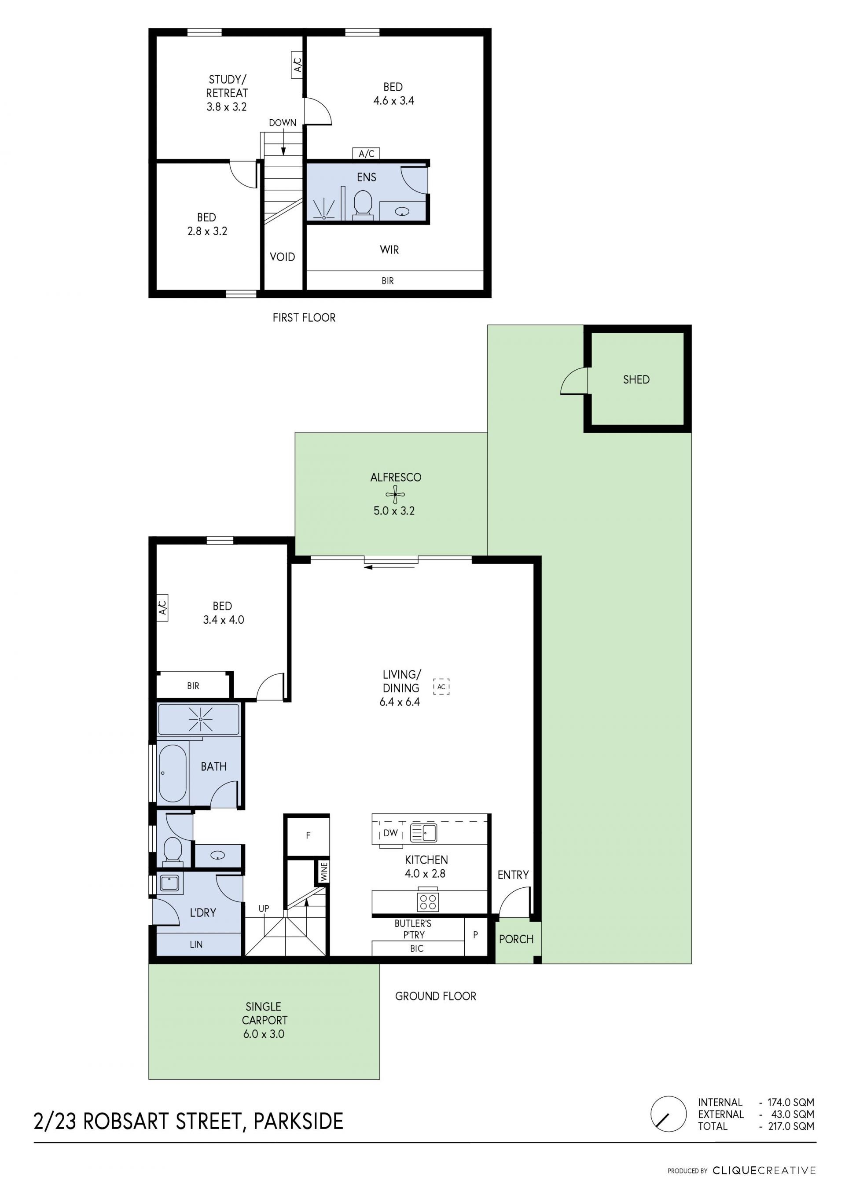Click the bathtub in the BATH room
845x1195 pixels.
click(172, 773)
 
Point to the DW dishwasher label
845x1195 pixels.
click(390, 833)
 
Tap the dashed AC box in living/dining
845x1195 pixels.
click(441, 687)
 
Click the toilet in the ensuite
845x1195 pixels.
click(363, 203)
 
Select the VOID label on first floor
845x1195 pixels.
click(282, 257)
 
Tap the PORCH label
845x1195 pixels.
click(516, 939)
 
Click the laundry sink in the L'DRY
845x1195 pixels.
click(169, 883)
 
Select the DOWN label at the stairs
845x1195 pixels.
click(283, 123)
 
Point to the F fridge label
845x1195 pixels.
click(308, 835)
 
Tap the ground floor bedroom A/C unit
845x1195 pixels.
click(162, 607)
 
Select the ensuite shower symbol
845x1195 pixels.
click(325, 209)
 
